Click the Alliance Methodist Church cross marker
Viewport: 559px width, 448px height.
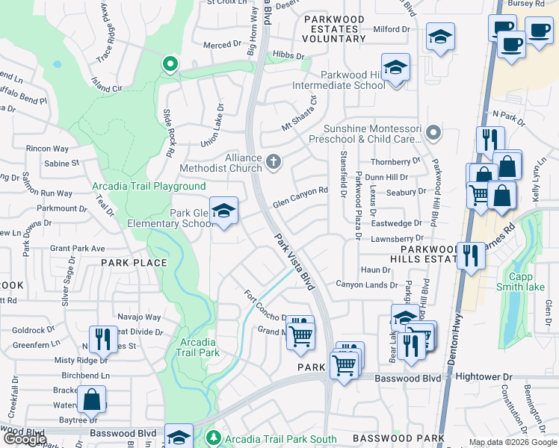point(274,161)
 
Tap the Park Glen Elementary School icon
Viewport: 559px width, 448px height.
point(223,212)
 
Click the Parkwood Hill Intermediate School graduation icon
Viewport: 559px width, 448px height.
point(395,69)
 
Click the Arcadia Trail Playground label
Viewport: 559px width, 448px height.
point(149,186)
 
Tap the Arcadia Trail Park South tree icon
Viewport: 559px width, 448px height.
point(214,437)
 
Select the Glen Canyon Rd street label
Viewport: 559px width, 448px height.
point(300,196)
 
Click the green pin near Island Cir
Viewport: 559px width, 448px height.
point(170,65)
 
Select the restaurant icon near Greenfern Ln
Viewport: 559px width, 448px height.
point(102,339)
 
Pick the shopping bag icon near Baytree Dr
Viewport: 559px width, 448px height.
point(92,399)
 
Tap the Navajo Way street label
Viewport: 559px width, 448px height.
point(143,317)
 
